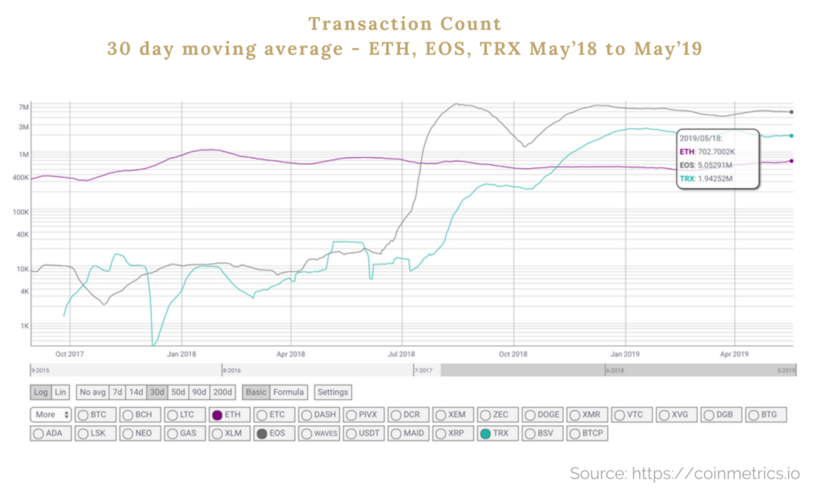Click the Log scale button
[40, 392]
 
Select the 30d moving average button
[157, 392]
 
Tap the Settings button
[332, 392]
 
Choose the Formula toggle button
[289, 392]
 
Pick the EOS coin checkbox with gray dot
[272, 433]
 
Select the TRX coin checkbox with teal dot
[495, 433]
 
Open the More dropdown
[51, 414]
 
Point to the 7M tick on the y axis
[24, 107]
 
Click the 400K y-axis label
[20, 178]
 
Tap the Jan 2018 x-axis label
[182, 354]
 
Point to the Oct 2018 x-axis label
[513, 354]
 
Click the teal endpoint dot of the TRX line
[792, 135]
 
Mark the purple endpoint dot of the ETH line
[792, 160]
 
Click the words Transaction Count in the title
[405, 24]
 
